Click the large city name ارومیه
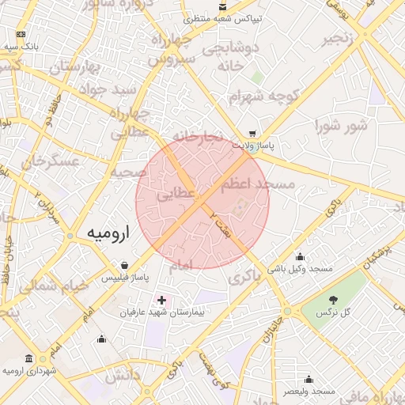pos(108,233)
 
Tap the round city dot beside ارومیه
pos(71,236)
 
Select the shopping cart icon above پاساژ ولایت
pos(252,134)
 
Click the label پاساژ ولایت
pos(253,146)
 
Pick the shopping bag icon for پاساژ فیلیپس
pos(125,266)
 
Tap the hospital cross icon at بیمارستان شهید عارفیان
pos(162,301)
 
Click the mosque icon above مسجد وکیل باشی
pos(300,256)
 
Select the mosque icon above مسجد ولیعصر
pos(308,379)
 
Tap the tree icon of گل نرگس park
pos(333,300)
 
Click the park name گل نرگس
pos(333,313)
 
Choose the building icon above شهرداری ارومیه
pos(29,358)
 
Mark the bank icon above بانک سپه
pos(21,35)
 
